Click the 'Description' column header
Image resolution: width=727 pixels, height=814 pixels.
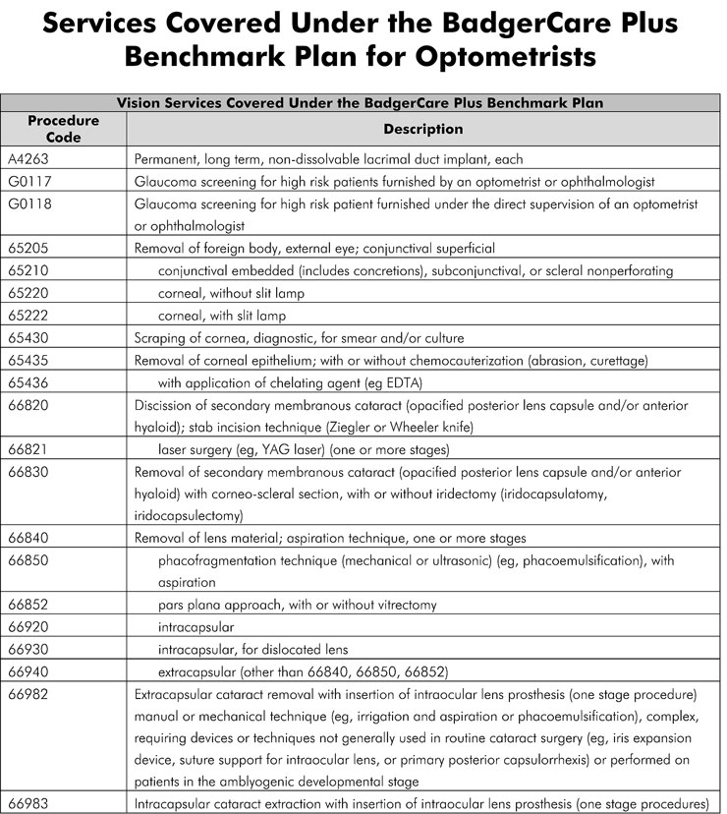click(x=422, y=129)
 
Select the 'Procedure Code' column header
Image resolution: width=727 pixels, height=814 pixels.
click(x=63, y=129)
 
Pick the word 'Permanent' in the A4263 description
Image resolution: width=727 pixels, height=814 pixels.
click(x=166, y=158)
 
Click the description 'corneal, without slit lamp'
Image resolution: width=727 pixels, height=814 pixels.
click(x=231, y=293)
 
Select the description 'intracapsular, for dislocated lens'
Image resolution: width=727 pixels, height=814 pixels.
click(x=253, y=649)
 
